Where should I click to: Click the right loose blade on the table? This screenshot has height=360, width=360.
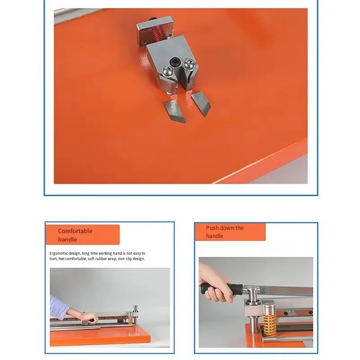click(198, 103)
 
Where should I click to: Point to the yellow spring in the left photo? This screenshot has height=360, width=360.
click(132, 319)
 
